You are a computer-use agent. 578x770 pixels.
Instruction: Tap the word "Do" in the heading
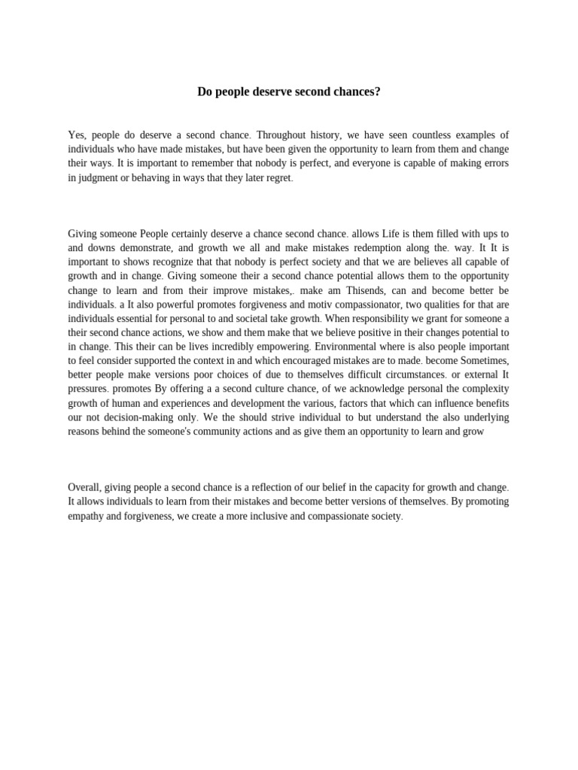(205, 92)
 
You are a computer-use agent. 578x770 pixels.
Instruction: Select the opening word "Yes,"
(78, 135)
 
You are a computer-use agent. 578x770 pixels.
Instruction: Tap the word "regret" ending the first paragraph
(276, 178)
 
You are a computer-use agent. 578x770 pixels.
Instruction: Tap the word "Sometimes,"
(477, 362)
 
